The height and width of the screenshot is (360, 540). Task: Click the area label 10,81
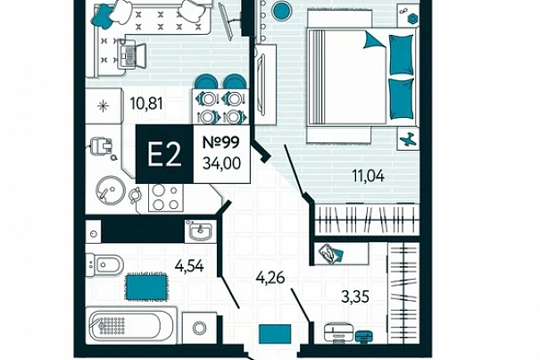point(146,104)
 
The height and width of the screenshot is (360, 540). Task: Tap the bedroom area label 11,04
point(368,176)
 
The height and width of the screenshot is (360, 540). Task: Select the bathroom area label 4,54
point(189,266)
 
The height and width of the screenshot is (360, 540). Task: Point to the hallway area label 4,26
point(270,277)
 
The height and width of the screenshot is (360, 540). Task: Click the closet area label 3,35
point(355,297)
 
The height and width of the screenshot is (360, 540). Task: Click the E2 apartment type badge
point(164,155)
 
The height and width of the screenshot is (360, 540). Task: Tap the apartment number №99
point(220,142)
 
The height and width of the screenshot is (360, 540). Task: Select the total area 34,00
point(221,163)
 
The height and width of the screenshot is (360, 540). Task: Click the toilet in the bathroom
point(104,264)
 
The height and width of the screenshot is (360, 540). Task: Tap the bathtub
point(131,325)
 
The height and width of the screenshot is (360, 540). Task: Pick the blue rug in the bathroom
point(146,286)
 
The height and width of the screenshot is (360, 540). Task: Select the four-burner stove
point(166,197)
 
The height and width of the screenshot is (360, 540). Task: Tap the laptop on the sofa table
point(131,56)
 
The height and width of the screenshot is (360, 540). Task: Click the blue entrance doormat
point(275,334)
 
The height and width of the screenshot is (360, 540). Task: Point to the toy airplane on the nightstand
point(408,139)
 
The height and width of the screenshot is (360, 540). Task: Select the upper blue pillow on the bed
point(402,54)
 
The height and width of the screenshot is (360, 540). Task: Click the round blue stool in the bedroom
point(282,11)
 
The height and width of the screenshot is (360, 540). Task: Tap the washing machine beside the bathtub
point(199,328)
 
